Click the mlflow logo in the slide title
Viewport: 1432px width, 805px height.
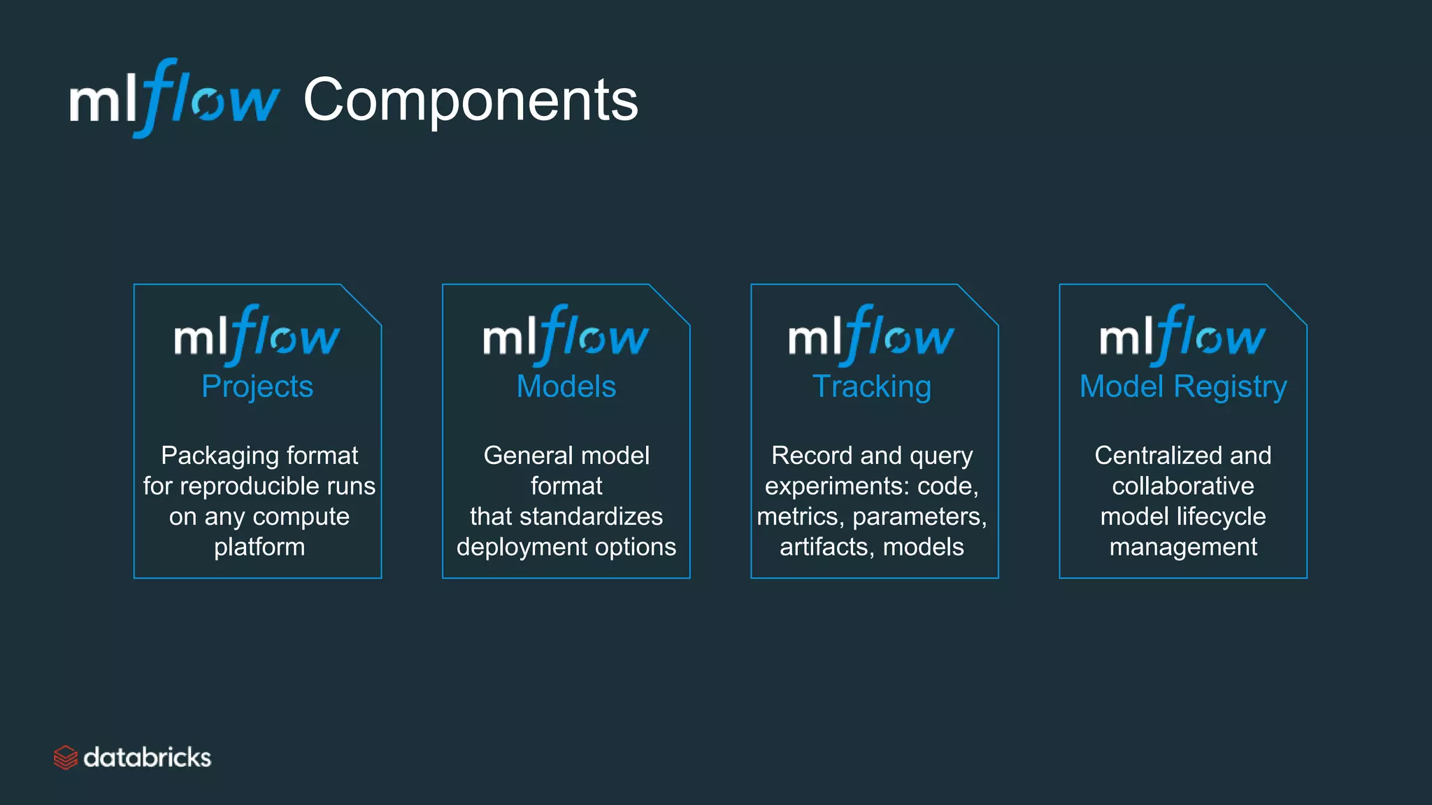175,99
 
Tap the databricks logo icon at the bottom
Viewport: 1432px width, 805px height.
65,757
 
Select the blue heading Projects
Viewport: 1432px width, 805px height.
257,386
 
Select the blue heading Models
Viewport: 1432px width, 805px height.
566,386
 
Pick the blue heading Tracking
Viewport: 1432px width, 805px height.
871,386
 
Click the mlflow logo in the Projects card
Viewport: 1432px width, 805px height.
257,335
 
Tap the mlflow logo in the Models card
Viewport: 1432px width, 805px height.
566,335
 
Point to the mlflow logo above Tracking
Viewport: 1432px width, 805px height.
871,335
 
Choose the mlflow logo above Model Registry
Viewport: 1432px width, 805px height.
1182,335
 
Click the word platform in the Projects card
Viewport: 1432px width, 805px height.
259,547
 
